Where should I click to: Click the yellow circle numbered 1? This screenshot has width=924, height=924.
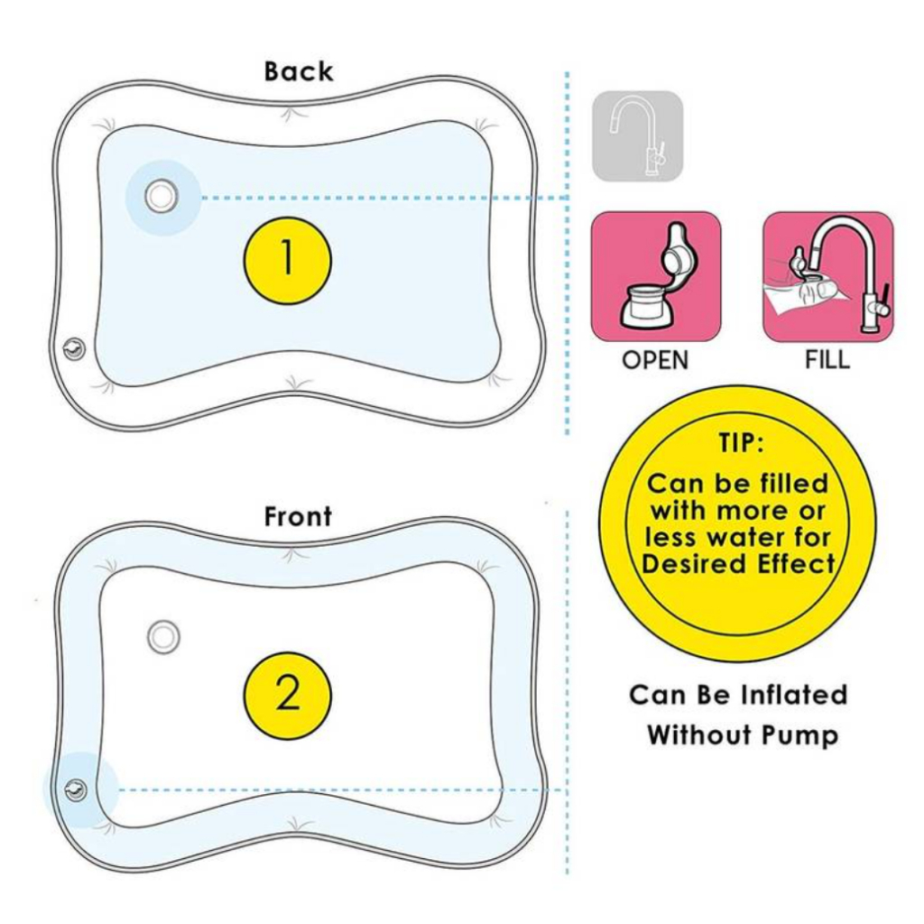click(x=288, y=260)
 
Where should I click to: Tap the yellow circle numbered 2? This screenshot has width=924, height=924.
click(x=288, y=696)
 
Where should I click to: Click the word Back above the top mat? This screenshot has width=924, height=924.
click(x=298, y=71)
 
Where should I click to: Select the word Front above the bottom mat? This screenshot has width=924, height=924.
click(x=298, y=516)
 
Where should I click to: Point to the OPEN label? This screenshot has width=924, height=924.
click(x=655, y=360)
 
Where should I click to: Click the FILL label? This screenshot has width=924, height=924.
click(x=828, y=359)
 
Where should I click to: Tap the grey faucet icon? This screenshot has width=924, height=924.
click(x=638, y=136)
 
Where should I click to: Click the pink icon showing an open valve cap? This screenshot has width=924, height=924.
click(x=656, y=277)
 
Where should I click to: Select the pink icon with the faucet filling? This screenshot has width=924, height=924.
click(x=828, y=277)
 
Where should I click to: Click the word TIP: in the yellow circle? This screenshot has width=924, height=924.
click(x=740, y=442)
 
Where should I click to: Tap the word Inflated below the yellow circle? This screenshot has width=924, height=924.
click(x=794, y=695)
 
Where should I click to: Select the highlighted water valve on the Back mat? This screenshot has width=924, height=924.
click(x=161, y=197)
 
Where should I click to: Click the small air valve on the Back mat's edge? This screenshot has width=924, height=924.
click(x=74, y=349)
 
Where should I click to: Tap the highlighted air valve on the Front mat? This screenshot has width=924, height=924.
click(x=75, y=790)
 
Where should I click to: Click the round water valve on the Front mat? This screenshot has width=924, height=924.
click(x=163, y=637)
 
